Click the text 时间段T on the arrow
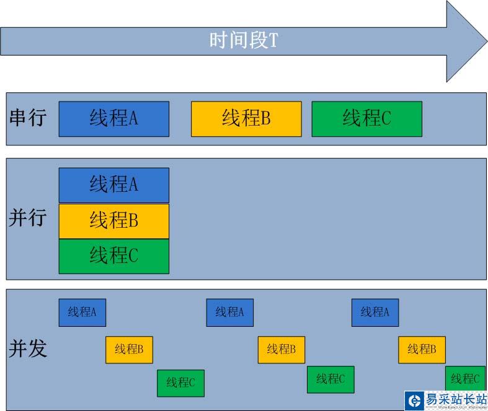244,40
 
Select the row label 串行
28,118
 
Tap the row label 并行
28,217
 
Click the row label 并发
28,348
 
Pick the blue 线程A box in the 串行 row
114,119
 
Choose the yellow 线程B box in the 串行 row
246,119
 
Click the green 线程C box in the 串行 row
367,119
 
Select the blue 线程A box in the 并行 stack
114,186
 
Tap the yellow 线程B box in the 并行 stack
114,221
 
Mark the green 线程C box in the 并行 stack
114,256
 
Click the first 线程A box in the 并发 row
82,313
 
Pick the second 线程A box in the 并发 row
230,313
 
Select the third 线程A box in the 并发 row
375,313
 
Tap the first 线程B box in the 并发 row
129,350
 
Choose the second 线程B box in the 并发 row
282,350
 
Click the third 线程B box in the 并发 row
422,350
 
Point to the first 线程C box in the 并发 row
181,383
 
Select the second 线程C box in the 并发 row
331,379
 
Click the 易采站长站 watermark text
456,399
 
